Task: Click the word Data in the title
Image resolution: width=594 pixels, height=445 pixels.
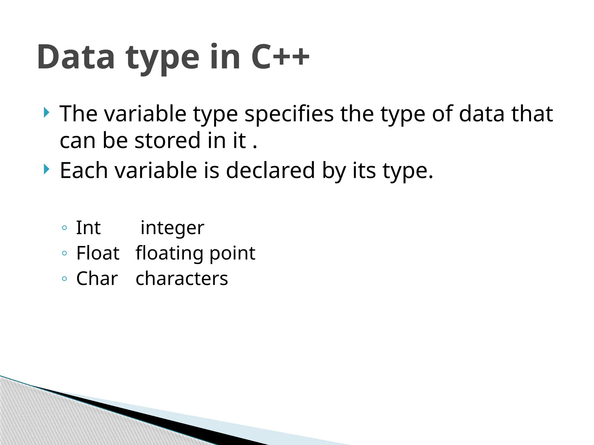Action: [76, 57]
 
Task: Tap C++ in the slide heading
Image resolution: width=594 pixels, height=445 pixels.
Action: [280, 57]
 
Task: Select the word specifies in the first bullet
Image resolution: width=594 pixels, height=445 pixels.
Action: [289, 114]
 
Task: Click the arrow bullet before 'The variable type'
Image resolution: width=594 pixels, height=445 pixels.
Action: [46, 112]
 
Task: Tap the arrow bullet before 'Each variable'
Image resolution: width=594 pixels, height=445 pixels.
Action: [46, 169]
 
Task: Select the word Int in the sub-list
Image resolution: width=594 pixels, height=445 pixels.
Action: [88, 228]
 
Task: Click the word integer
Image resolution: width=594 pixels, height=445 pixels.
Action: [172, 228]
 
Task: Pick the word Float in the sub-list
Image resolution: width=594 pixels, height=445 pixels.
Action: [98, 253]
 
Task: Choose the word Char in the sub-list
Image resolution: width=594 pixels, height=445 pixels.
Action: [97, 278]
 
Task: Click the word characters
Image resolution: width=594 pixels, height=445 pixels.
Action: [182, 279]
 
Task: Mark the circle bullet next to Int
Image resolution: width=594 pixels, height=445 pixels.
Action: [64, 228]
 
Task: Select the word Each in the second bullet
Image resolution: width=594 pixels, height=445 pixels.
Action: [84, 170]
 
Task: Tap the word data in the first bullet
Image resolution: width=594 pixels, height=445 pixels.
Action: [482, 114]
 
